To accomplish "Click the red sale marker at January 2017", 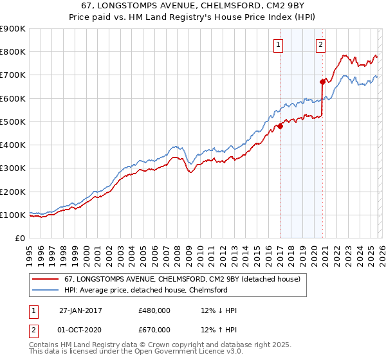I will pos(280,127).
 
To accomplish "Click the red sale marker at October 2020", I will pos(322,82).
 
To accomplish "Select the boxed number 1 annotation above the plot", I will pos(279,44).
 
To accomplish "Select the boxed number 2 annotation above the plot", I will pos(320,44).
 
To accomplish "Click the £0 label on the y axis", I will pos(20,239).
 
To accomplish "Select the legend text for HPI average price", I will pos(146,290).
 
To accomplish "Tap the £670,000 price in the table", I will pos(154,330).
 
